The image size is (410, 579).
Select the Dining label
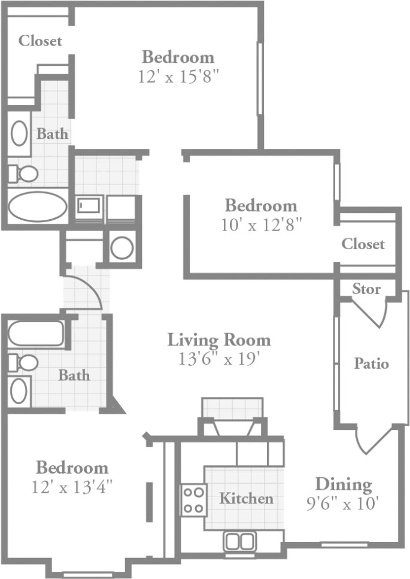(343, 484)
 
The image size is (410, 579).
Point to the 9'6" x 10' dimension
(342, 503)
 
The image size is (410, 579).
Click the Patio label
(371, 363)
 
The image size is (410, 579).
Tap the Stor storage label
(366, 289)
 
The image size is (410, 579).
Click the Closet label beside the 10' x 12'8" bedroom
(363, 244)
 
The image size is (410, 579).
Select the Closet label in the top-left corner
(40, 41)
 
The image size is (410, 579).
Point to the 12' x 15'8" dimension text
(178, 77)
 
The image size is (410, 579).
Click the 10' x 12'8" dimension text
(260, 225)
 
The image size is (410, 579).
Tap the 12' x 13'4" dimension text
(72, 486)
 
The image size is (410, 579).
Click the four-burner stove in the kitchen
(193, 500)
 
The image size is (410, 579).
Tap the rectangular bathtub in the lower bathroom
(36, 334)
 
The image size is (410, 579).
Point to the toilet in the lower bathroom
(24, 362)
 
